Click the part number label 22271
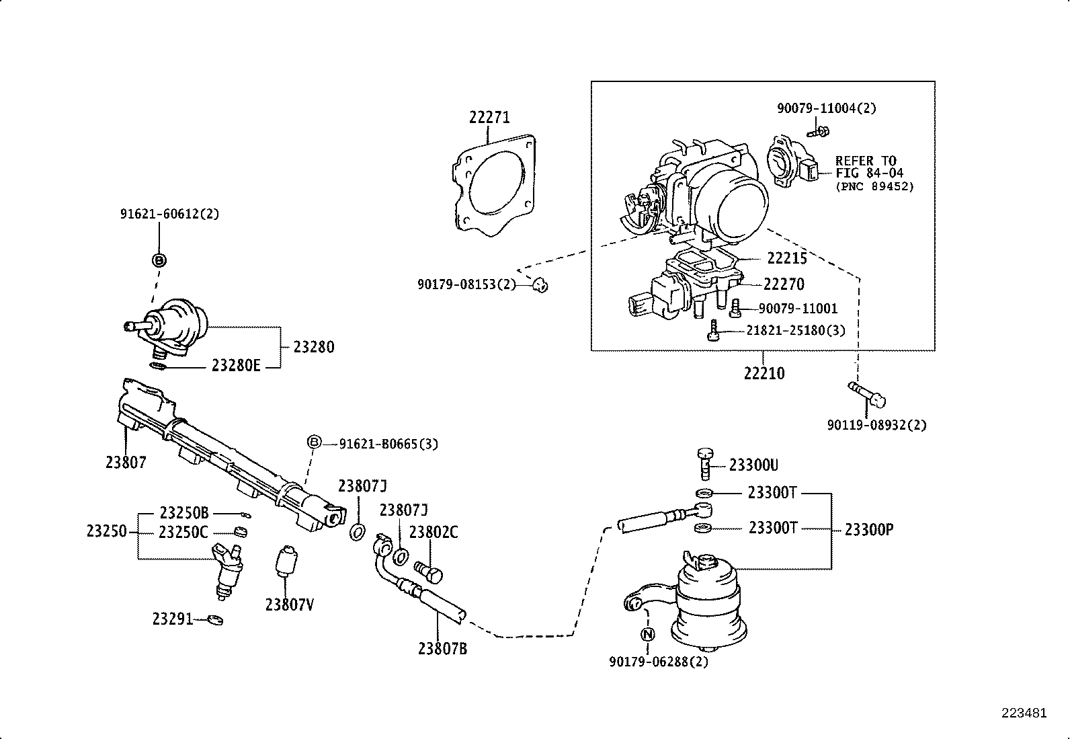click(x=489, y=118)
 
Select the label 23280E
click(x=235, y=366)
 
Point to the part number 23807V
click(x=290, y=605)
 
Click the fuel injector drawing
click(x=227, y=569)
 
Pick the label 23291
click(x=173, y=619)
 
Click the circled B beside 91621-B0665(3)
click(x=314, y=442)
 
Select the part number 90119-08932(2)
click(x=876, y=425)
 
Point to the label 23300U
click(x=753, y=465)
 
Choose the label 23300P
click(x=868, y=529)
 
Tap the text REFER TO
click(x=866, y=161)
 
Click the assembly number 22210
click(x=764, y=373)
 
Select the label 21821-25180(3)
click(x=796, y=331)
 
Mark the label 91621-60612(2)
click(x=169, y=215)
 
